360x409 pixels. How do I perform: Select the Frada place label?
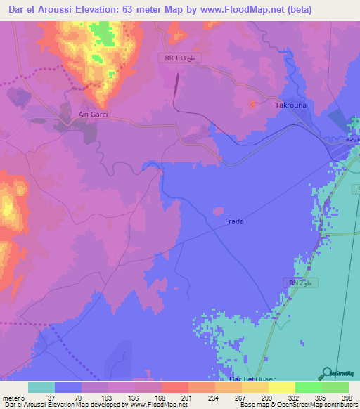[234, 221]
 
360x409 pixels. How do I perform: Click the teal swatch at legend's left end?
[41, 387]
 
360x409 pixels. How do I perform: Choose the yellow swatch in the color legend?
[281, 387]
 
